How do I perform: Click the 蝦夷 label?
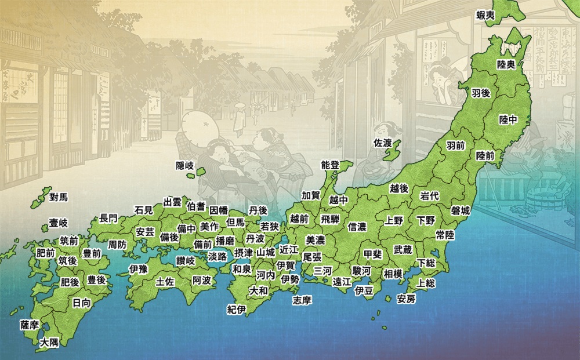[485, 16]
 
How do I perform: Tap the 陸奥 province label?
[506, 64]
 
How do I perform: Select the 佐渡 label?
[383, 142]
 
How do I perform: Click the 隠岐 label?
[185, 166]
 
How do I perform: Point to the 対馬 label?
[59, 197]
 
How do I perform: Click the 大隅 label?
[49, 343]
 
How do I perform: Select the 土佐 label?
[165, 282]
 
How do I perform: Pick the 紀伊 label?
[237, 310]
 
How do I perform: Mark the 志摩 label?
[302, 300]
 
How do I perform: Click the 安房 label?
[406, 300]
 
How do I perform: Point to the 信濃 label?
[357, 227]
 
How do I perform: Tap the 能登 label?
[329, 165]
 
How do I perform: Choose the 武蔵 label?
[403, 250]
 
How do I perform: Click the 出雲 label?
[172, 202]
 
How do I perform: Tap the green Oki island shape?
[201, 172]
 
